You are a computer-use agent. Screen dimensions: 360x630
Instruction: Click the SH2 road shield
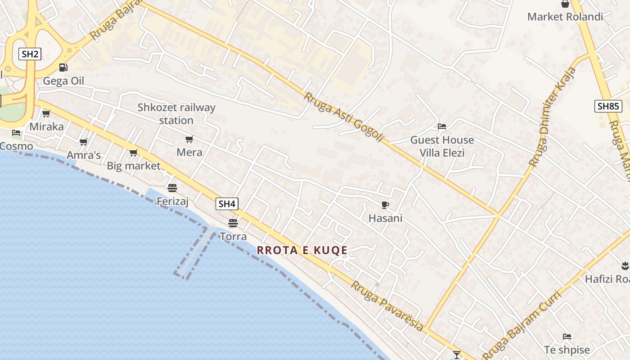coord(30,54)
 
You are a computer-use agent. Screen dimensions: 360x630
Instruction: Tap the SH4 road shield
coord(227,204)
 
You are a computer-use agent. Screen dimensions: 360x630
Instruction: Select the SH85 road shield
coord(608,106)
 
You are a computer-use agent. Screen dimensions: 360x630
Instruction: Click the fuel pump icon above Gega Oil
coord(63,67)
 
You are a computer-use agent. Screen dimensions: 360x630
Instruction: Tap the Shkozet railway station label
coord(176,114)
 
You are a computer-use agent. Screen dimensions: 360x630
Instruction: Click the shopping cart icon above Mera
coord(189,139)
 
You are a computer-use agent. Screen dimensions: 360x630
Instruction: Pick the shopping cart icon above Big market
coord(133,153)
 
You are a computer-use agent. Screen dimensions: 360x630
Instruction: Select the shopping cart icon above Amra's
coord(83,142)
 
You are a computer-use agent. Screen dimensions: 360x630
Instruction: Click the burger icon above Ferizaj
coord(172,188)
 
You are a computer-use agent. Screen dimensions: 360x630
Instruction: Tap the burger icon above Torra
coord(233,223)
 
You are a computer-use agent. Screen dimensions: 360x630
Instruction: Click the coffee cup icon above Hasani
coord(385,205)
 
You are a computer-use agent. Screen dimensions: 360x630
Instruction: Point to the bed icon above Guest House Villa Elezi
coord(442,126)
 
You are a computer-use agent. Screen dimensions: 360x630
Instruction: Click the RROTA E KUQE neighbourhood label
coord(302,250)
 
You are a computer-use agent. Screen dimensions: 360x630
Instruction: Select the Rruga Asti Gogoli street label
coord(343,117)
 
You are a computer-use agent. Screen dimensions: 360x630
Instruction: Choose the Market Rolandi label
coord(565,17)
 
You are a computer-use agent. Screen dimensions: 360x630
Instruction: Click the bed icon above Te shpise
coord(567,337)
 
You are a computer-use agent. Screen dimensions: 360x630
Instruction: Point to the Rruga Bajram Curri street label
coord(522,325)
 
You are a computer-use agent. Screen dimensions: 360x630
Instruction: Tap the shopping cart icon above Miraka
coord(46,113)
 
